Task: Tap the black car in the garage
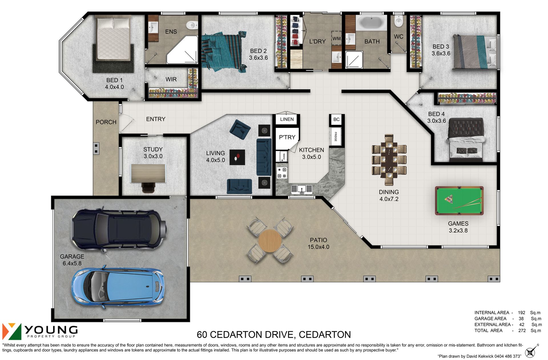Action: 119,230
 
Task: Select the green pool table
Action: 459,201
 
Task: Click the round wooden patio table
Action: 270,241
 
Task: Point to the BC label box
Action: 337,119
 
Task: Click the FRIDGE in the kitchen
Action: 336,136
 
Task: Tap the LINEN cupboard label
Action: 287,119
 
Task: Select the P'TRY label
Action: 287,137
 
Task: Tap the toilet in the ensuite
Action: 192,25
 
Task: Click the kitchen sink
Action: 301,189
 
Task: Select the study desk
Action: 148,173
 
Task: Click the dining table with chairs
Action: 389,160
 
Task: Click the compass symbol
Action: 531,351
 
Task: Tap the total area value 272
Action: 522,330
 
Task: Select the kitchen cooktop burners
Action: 282,173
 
